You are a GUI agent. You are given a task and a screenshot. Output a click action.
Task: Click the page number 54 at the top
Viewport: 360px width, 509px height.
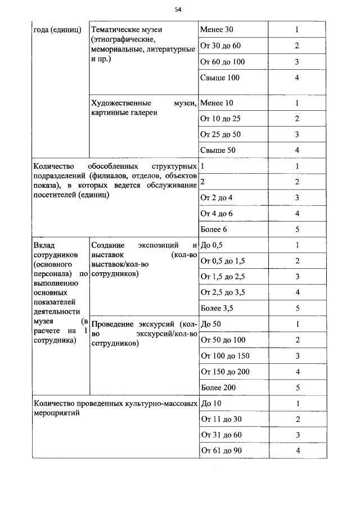[x=178, y=10]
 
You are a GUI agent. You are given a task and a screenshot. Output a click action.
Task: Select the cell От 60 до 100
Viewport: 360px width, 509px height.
[x=222, y=61]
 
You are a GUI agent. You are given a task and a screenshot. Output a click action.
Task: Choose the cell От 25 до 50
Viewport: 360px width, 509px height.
[x=220, y=134]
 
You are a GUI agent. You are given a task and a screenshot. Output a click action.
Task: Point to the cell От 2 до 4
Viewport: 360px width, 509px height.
[x=217, y=197]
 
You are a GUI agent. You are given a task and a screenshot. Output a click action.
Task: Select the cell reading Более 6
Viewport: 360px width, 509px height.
[x=214, y=229]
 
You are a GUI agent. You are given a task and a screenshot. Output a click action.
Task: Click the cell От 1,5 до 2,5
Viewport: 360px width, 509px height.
[x=223, y=277]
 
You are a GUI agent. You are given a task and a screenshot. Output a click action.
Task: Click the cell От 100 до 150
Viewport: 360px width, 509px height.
[x=225, y=356]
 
